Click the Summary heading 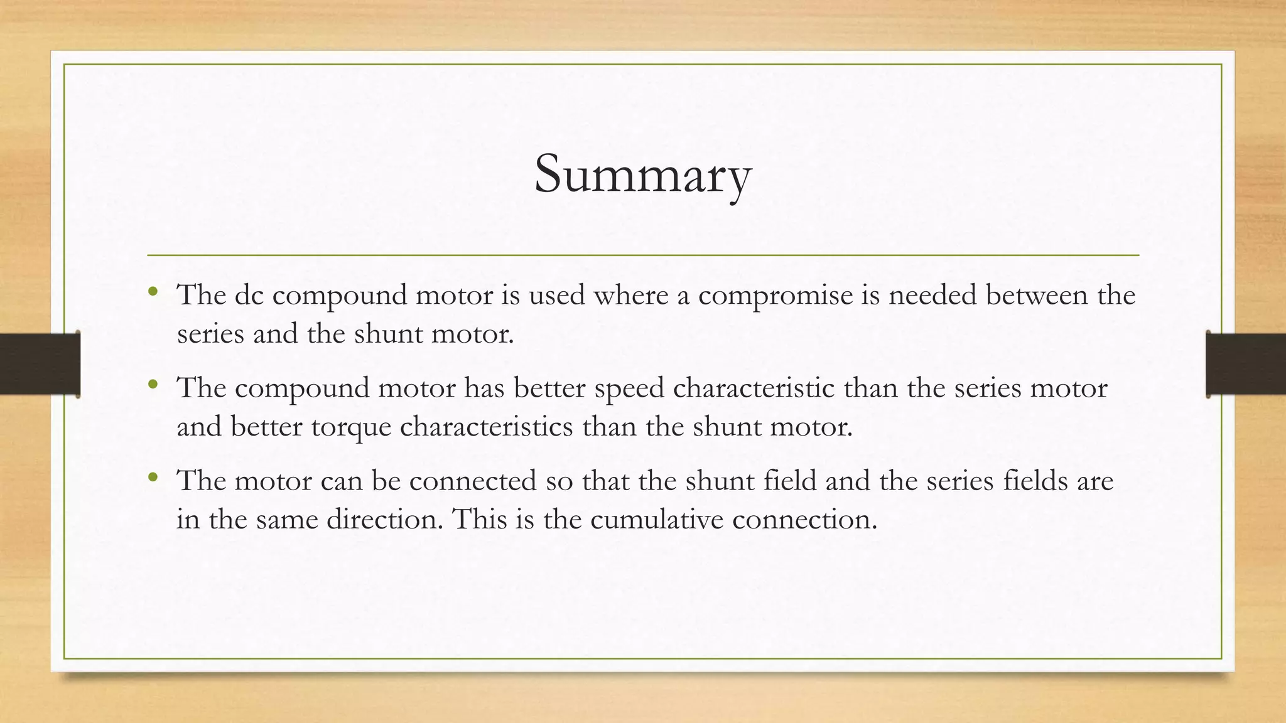(642, 174)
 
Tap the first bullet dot (153, 291)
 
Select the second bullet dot (153, 384)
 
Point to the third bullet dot (153, 478)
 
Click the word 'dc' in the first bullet (249, 295)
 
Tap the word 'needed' (932, 295)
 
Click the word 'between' (1037, 295)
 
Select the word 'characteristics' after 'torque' (486, 427)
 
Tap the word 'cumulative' (657, 520)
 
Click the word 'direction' (384, 520)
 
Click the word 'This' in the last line (479, 520)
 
